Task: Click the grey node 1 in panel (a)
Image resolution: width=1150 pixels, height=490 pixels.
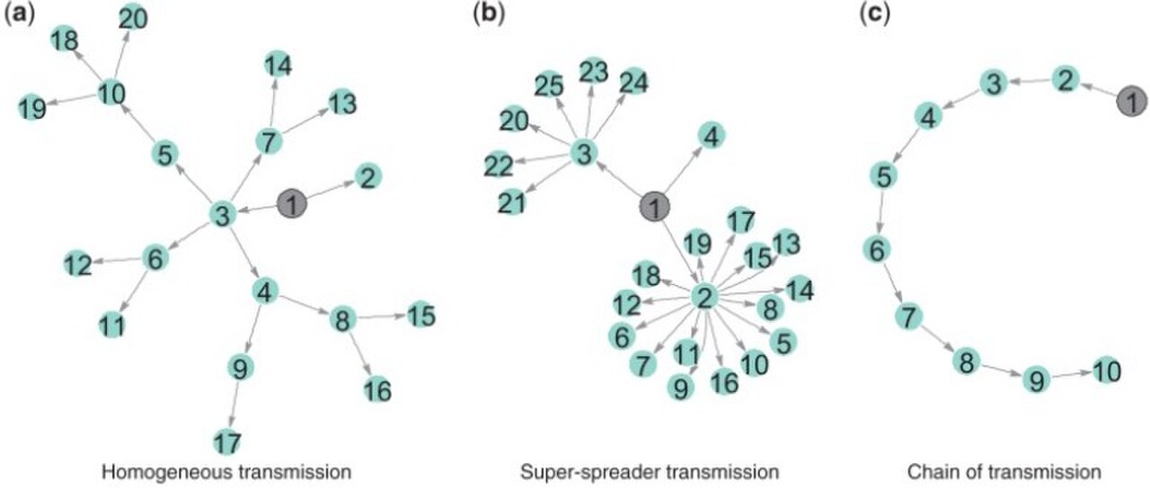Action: (x=292, y=204)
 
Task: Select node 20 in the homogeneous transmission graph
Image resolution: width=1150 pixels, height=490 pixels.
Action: (x=133, y=19)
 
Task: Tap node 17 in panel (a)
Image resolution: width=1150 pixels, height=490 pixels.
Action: (x=227, y=442)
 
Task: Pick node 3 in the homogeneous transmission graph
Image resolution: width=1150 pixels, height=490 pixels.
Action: (x=223, y=215)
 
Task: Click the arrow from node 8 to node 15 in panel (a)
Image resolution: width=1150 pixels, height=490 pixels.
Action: (x=382, y=317)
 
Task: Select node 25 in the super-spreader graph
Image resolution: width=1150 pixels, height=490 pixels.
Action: (x=549, y=85)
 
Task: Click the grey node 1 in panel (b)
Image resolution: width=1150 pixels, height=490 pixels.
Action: (x=655, y=207)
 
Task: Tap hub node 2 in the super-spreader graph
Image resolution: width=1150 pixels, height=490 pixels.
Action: (x=703, y=297)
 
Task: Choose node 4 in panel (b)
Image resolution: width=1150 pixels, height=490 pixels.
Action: (x=712, y=136)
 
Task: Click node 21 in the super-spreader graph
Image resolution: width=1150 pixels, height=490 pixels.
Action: (x=512, y=202)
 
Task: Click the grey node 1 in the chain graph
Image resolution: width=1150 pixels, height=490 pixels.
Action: (x=1131, y=101)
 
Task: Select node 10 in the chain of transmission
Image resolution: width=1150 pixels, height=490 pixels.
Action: (x=1107, y=370)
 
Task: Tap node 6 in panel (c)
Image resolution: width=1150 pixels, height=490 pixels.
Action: (x=877, y=250)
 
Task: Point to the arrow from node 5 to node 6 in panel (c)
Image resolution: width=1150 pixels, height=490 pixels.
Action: (x=880, y=213)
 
